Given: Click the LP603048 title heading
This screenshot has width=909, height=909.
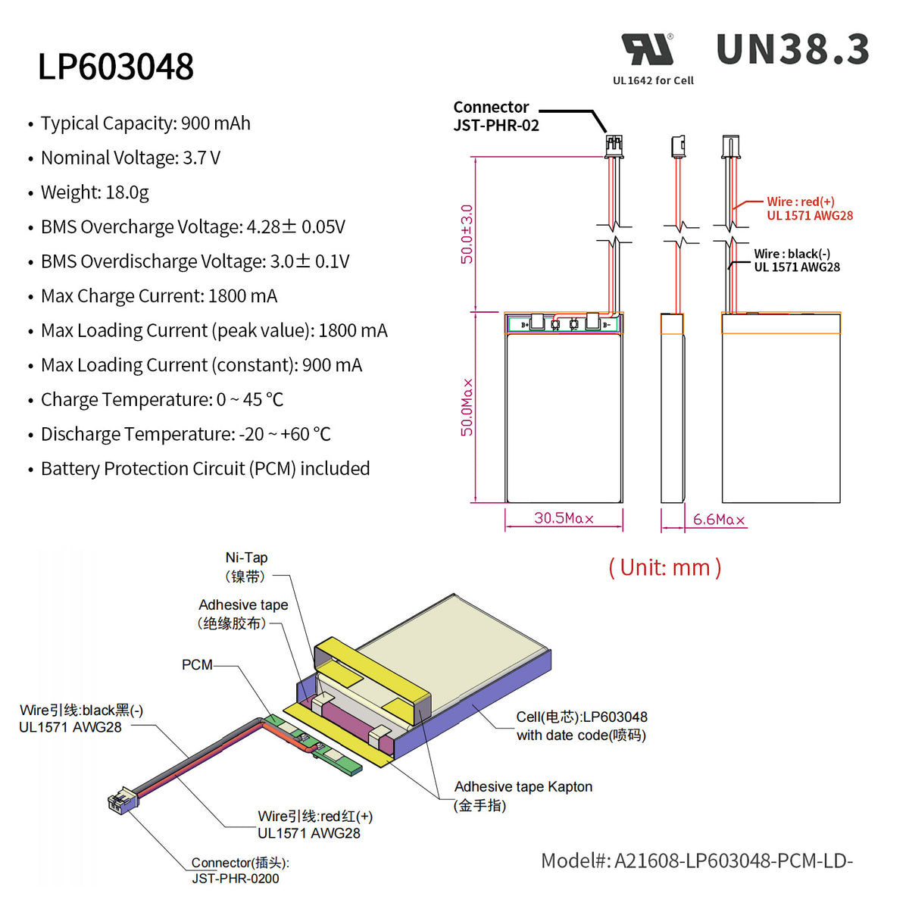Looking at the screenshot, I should [116, 67].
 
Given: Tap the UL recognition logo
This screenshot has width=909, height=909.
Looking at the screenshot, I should [648, 50].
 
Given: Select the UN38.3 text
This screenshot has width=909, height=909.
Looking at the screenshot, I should [792, 50].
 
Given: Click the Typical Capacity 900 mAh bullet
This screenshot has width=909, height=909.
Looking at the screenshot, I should [145, 123].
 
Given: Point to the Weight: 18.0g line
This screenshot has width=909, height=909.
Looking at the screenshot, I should [95, 192].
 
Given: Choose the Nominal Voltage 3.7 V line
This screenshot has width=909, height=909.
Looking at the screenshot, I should [130, 158].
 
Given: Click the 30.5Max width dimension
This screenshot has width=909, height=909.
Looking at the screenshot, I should [564, 518].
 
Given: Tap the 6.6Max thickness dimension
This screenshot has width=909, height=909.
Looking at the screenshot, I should [718, 520].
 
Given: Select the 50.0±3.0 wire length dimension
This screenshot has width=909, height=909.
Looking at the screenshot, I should [467, 234].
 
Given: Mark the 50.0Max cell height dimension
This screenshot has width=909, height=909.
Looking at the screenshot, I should [467, 408].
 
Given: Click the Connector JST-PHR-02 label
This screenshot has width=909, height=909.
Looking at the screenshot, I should [495, 117].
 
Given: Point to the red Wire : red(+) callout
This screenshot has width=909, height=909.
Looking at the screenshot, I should [809, 208].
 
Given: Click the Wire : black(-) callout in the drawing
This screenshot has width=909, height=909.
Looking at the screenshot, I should [796, 261].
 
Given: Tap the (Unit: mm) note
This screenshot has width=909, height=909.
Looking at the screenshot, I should [664, 567].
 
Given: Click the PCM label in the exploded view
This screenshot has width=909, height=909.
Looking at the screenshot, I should [197, 665].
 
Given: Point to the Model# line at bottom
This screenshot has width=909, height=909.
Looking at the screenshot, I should [696, 861].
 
